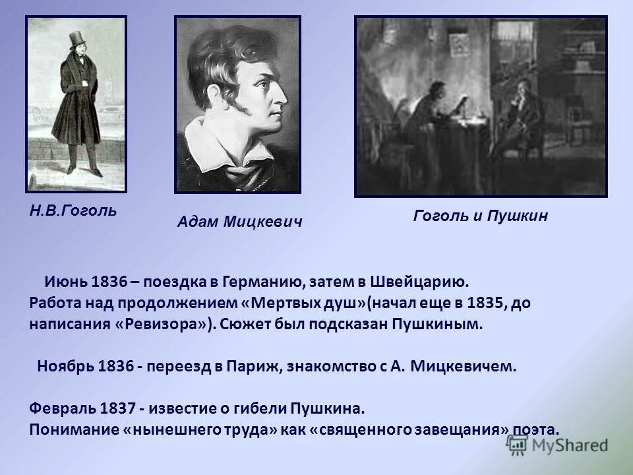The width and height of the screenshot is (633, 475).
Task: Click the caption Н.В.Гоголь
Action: click(73, 210)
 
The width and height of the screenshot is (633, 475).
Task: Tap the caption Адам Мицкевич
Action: click(239, 222)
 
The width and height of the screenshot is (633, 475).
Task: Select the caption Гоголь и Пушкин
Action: click(481, 216)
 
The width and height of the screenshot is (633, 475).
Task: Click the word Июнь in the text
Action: click(65, 282)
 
